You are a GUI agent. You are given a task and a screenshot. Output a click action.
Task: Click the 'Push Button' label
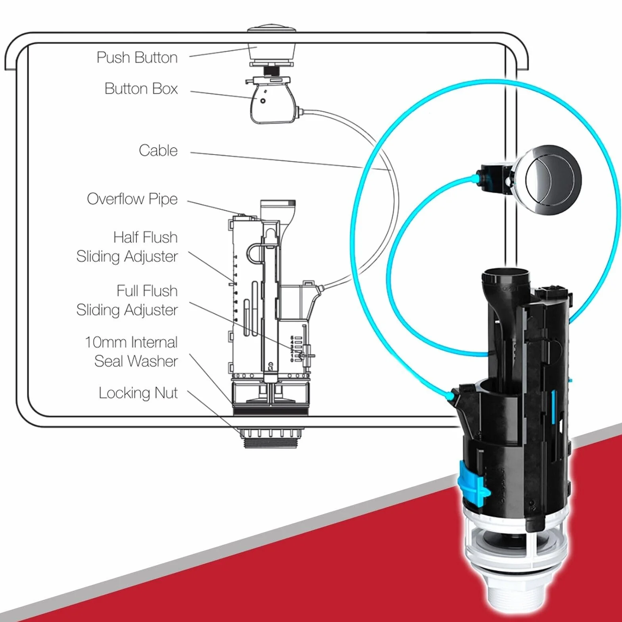click(x=137, y=58)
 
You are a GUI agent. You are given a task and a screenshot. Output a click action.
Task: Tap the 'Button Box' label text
click(x=141, y=88)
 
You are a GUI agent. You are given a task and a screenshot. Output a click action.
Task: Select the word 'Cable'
click(x=158, y=150)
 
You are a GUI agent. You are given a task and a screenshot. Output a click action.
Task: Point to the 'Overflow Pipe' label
click(x=132, y=199)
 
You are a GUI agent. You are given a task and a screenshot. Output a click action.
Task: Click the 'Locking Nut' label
click(x=138, y=393)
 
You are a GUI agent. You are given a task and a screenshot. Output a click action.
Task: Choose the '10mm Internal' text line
click(x=131, y=342)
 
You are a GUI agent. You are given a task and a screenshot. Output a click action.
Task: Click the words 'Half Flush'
click(x=145, y=237)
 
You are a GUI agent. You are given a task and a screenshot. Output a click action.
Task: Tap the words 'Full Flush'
click(x=147, y=291)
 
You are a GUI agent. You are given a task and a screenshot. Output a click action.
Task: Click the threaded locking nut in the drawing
click(x=270, y=438)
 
